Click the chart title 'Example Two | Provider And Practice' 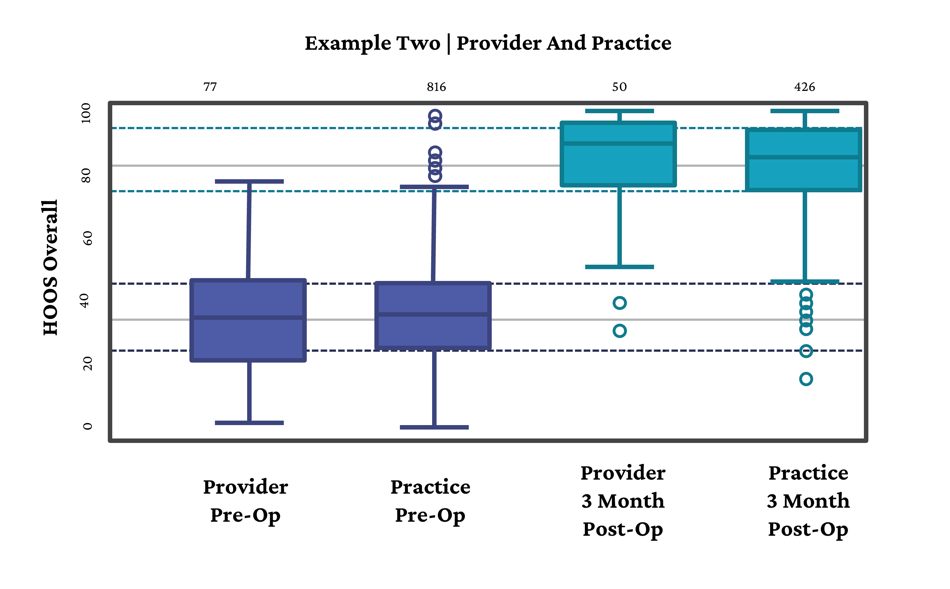[488, 43]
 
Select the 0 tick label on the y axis [88, 426]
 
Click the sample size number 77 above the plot [210, 87]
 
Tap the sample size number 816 [436, 87]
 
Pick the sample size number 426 [804, 87]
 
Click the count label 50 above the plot [619, 87]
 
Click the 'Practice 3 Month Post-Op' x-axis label [808, 501]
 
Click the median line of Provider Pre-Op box [248, 318]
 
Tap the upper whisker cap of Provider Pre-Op [249, 181]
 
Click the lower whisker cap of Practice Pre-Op [434, 427]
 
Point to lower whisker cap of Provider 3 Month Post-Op [619, 267]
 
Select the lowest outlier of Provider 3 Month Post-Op [619, 331]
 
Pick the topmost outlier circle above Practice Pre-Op [435, 116]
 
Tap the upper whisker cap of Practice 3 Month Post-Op [804, 111]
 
